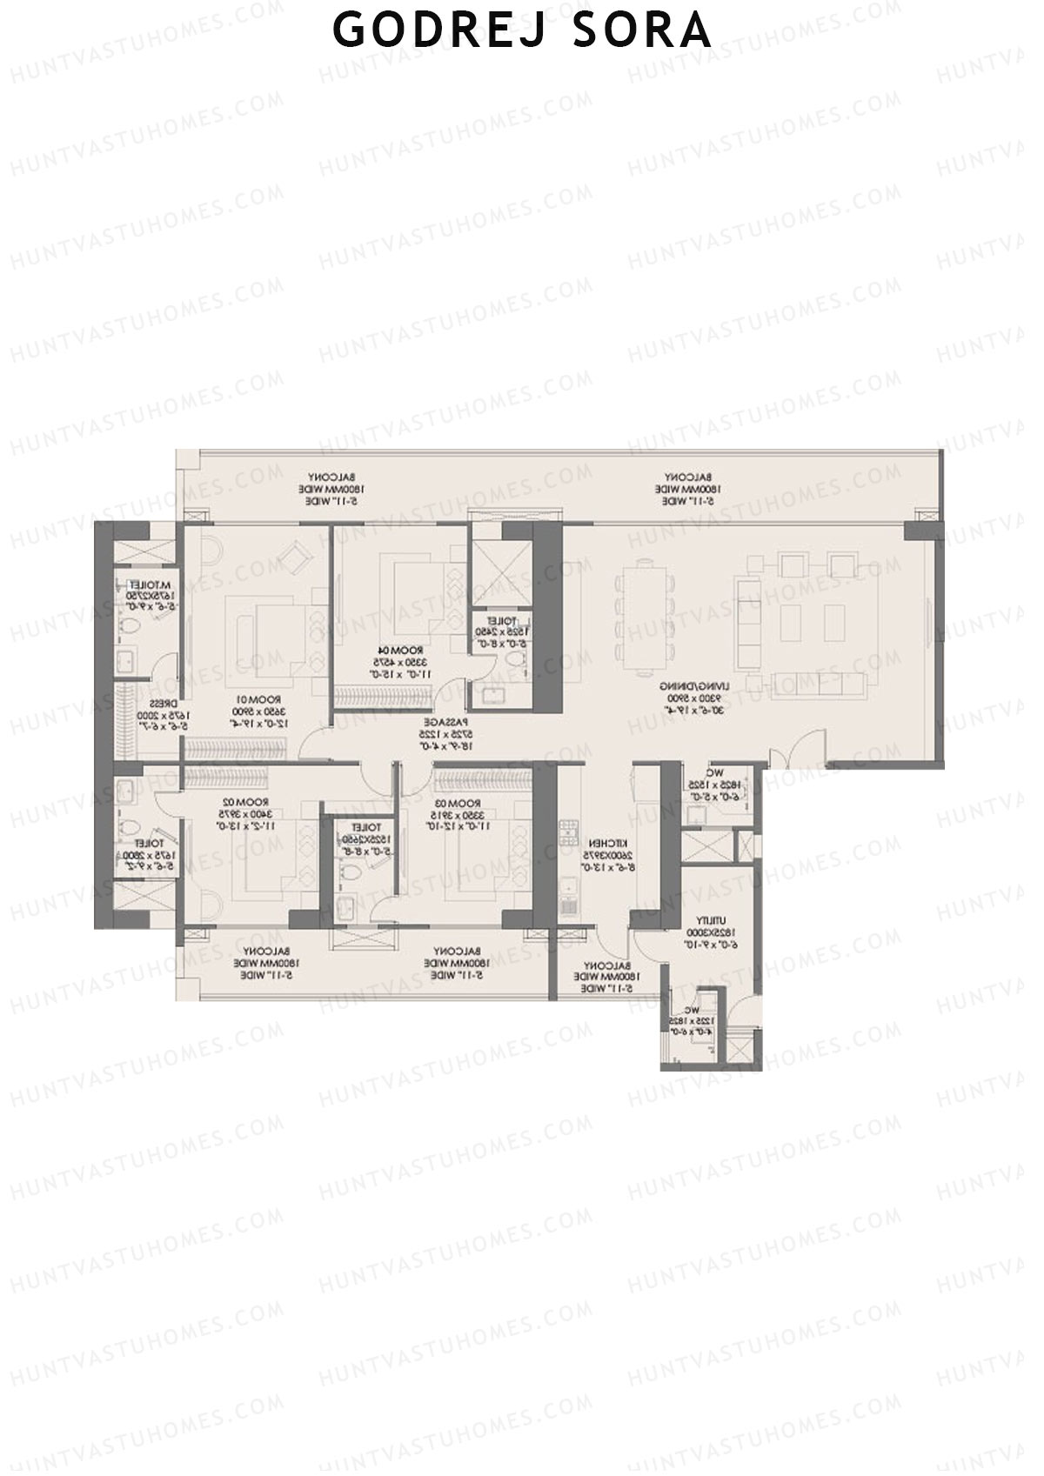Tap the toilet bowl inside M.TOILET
(128, 624)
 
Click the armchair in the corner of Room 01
(298, 551)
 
